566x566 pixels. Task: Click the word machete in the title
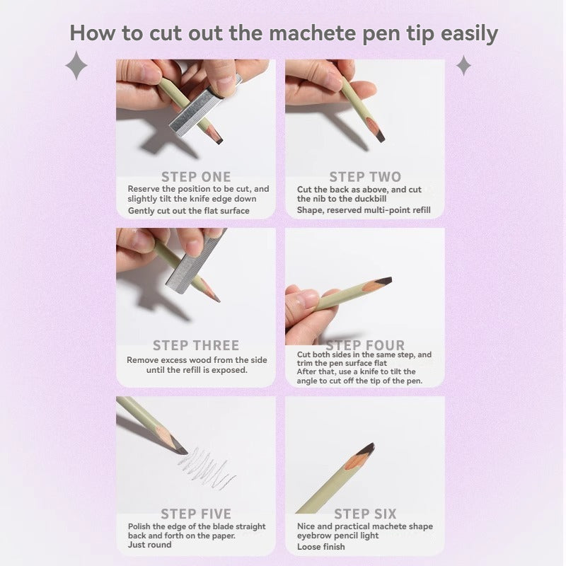pyautogui.click(x=312, y=33)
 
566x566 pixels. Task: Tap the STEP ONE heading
pyautogui.click(x=196, y=177)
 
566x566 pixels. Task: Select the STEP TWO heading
pyautogui.click(x=365, y=177)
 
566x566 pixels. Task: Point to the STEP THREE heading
pyautogui.click(x=196, y=345)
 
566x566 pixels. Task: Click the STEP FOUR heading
pyautogui.click(x=365, y=345)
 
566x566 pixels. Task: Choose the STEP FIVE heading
pyautogui.click(x=196, y=514)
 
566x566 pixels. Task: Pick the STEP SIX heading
pyautogui.click(x=365, y=514)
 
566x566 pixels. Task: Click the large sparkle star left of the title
pyautogui.click(x=76, y=65)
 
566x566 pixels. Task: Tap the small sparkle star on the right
pyautogui.click(x=463, y=65)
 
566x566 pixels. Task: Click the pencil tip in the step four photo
pyautogui.click(x=383, y=281)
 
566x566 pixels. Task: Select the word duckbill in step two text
pyautogui.click(x=370, y=199)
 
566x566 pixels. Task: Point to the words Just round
pyautogui.click(x=150, y=545)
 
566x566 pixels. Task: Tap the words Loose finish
pyautogui.click(x=321, y=547)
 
